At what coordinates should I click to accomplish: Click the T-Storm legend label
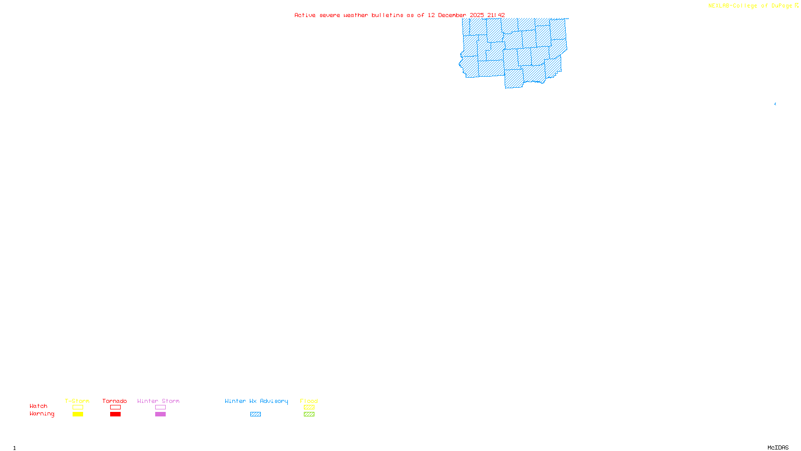point(77,401)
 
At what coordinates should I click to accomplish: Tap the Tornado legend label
point(115,401)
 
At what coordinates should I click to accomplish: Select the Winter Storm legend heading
point(158,401)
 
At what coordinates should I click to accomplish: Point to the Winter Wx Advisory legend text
point(256,401)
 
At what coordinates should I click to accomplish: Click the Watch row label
point(39,406)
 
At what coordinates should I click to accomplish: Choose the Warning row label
point(42,414)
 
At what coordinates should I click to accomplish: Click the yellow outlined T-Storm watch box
point(78,407)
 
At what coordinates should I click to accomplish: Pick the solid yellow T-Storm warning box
point(78,414)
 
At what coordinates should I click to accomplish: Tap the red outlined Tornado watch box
point(115,407)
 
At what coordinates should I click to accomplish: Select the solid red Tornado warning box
point(115,414)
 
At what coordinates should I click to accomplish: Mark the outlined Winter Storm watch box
point(160,407)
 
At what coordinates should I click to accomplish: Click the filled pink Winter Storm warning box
point(160,414)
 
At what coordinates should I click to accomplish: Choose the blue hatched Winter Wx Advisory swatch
point(255,414)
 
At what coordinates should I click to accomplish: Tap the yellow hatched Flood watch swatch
point(309,407)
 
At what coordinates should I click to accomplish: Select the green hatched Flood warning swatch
point(309,414)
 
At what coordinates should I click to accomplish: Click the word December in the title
point(452,15)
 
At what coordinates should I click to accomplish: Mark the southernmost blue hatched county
point(514,79)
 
